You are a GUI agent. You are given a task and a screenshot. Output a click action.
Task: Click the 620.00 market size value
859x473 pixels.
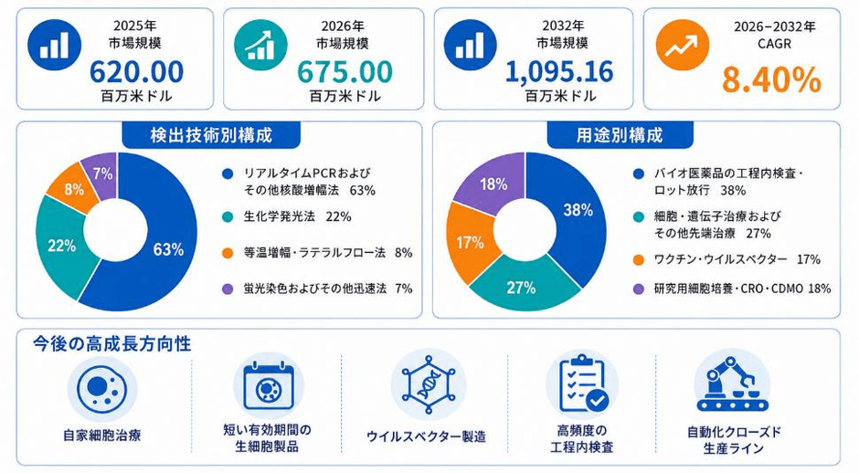(x=136, y=70)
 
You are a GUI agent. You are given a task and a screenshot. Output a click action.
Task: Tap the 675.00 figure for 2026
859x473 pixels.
(x=345, y=70)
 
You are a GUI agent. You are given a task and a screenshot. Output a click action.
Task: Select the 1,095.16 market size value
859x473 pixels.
(x=559, y=71)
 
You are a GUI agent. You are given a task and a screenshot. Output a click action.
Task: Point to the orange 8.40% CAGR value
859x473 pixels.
(x=771, y=79)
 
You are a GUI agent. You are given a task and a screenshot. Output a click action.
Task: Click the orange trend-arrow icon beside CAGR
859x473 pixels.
(x=683, y=46)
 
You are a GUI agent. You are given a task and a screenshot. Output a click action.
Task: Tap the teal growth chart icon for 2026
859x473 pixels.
(x=260, y=46)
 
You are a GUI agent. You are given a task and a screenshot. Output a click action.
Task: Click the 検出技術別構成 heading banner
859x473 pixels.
(x=211, y=135)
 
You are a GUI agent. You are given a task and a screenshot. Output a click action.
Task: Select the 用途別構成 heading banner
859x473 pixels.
(x=620, y=135)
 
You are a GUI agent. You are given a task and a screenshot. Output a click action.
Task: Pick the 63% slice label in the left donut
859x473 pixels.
(x=168, y=249)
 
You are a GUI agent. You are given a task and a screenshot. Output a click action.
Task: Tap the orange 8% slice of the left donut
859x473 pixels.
(x=72, y=189)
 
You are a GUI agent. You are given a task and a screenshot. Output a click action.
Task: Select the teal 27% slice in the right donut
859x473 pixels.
(x=521, y=285)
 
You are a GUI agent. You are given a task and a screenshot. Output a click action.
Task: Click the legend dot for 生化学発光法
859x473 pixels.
(x=228, y=216)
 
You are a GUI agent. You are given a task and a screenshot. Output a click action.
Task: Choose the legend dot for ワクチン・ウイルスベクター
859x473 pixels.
(x=638, y=259)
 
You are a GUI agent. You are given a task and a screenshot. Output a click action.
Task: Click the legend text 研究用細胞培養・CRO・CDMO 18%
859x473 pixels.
(x=742, y=289)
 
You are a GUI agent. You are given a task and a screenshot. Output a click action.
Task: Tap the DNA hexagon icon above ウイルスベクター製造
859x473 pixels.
(x=429, y=384)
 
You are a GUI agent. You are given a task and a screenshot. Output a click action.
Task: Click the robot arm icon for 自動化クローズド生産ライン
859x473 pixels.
(x=732, y=384)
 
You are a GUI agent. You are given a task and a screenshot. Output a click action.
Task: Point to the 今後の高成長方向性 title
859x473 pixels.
(x=111, y=344)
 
